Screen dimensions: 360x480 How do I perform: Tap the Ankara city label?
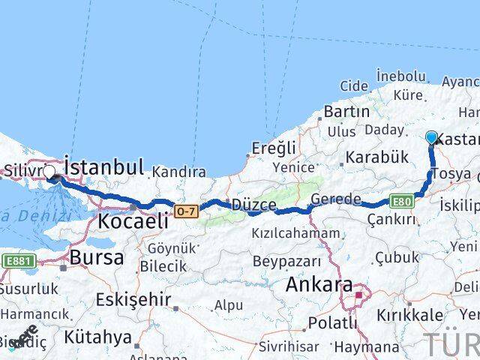(319, 285)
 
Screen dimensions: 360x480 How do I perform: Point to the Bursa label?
(96, 257)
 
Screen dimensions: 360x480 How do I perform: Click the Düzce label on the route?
(255, 205)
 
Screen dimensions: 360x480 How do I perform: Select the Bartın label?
(346, 111)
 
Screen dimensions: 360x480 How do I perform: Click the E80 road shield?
(401, 201)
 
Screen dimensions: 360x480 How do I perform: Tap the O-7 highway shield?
(186, 211)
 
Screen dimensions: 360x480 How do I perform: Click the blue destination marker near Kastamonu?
(432, 137)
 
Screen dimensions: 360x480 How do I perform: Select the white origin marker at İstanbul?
(49, 172)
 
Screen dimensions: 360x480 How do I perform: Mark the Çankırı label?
(391, 219)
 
